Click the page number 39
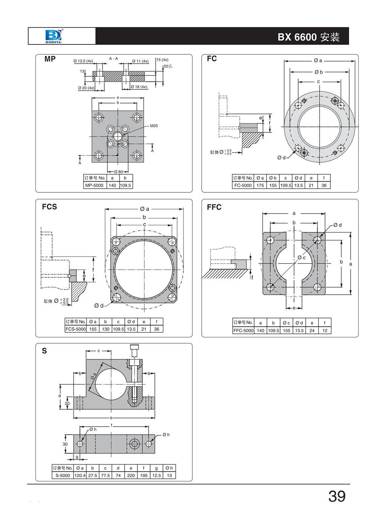[337, 496]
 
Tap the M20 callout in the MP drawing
[154, 126]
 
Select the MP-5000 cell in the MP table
[94, 185]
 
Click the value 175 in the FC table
[260, 185]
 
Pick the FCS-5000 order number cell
[76, 329]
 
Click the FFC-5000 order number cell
[243, 331]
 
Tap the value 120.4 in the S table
[80, 475]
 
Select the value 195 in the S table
[144, 475]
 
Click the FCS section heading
[49, 207]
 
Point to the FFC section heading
[214, 207]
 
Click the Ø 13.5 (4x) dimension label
[83, 61]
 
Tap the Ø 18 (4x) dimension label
[139, 87]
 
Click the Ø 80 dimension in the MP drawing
[118, 172]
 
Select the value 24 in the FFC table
[312, 331]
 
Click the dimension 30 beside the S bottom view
[65, 444]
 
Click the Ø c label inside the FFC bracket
[302, 258]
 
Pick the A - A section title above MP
[113, 58]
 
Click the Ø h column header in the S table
[169, 468]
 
